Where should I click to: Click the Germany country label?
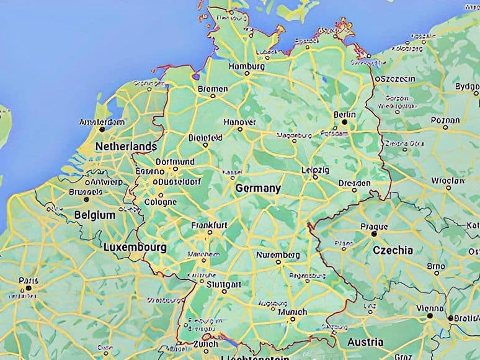(258, 188)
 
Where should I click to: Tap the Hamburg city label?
(247, 66)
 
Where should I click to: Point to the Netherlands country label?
(126, 146)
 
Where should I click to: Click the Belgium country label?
(94, 215)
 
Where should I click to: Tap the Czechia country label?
(393, 250)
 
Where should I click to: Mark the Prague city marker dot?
(374, 234)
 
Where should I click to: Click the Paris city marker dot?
(28, 288)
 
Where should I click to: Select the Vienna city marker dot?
(429, 316)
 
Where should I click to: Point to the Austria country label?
(365, 342)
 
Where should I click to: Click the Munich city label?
(293, 312)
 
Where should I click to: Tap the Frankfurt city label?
(210, 224)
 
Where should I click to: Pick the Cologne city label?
(161, 202)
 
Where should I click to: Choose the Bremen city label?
(213, 89)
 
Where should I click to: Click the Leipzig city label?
(316, 169)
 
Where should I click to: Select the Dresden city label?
(355, 183)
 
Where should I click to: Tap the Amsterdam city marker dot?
(103, 130)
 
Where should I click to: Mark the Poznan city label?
(446, 120)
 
